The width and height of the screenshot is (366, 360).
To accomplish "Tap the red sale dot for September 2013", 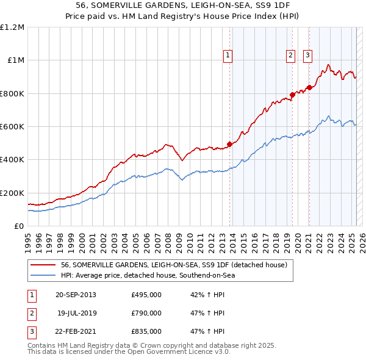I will pyautogui.click(x=230, y=145).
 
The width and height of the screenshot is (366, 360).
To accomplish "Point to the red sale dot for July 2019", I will pyautogui.click(x=292, y=95).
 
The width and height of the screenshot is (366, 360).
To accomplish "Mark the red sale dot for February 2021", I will pyautogui.click(x=309, y=87).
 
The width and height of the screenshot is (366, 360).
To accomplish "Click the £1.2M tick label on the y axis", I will pyautogui.click(x=12, y=27).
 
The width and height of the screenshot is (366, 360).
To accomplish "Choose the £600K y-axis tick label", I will pyautogui.click(x=12, y=127).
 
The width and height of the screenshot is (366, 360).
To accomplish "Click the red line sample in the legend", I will pyautogui.click(x=43, y=265).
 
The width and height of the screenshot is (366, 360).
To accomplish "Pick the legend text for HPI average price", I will pyautogui.click(x=148, y=275).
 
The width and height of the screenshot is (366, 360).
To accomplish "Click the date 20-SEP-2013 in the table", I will pyautogui.click(x=76, y=295).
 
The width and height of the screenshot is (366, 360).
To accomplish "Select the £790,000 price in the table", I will pyautogui.click(x=146, y=313).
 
